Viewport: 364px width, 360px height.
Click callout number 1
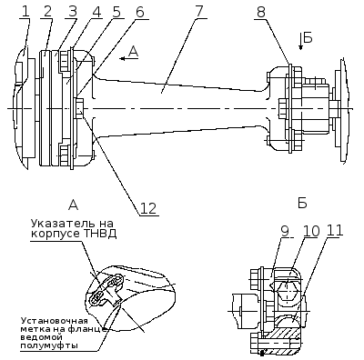pyautogui.click(x=25, y=12)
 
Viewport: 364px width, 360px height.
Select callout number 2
pyautogui.click(x=47, y=12)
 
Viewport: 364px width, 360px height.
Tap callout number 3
pyautogui.click(x=73, y=12)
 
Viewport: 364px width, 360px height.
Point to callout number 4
pyautogui.click(x=96, y=12)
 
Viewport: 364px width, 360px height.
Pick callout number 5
pyautogui.click(x=116, y=12)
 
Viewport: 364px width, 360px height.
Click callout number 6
pyautogui.click(x=139, y=12)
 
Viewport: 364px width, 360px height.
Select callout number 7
pyautogui.click(x=198, y=12)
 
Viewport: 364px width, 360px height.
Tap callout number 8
pyautogui.click(x=261, y=12)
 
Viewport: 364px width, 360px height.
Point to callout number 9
pyautogui.click(x=285, y=231)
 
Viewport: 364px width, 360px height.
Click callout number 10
pyautogui.click(x=311, y=231)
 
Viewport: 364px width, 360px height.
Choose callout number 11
pyautogui.click(x=335, y=231)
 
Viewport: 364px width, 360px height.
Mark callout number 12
pyautogui.click(x=149, y=209)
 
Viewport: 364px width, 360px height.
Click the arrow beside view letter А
pyautogui.click(x=129, y=58)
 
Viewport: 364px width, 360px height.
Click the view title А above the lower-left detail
pyautogui.click(x=73, y=205)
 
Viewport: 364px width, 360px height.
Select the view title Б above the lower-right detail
pyautogui.click(x=302, y=204)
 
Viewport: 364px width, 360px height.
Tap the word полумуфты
pyautogui.click(x=49, y=346)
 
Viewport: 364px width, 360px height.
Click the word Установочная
pyautogui.click(x=54, y=321)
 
